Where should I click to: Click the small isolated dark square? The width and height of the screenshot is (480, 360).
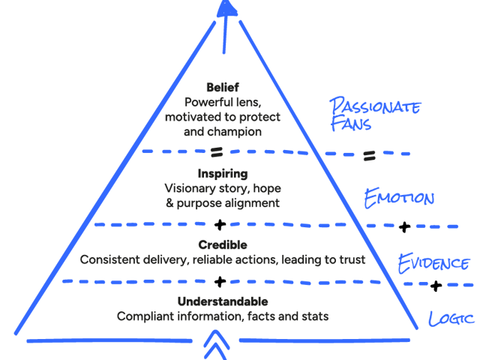point(373,159)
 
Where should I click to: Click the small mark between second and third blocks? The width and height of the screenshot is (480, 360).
point(222,225)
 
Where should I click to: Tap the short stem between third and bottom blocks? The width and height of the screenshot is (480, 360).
point(222,286)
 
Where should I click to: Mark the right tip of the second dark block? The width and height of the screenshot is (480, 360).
point(341,210)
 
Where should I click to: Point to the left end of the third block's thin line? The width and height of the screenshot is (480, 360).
point(82,259)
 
